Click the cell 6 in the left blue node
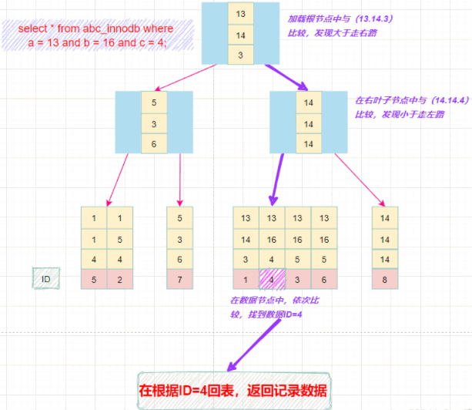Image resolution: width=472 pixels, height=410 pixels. pyautogui.click(x=153, y=143)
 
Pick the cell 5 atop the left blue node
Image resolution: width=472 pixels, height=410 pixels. pyautogui.click(x=153, y=102)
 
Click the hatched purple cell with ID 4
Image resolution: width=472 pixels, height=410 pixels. pyautogui.click(x=272, y=279)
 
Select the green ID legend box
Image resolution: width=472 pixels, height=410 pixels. pyautogui.click(x=45, y=278)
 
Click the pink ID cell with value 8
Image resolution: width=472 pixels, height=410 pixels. pyautogui.click(x=384, y=279)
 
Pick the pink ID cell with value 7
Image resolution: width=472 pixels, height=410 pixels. pyautogui.click(x=179, y=279)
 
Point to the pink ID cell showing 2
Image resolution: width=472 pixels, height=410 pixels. pyautogui.click(x=119, y=279)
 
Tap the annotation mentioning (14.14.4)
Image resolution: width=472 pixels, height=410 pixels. pyautogui.click(x=400, y=107)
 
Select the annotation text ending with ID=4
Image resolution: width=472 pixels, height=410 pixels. pyautogui.click(x=266, y=309)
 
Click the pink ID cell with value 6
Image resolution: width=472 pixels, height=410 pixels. pyautogui.click(x=324, y=279)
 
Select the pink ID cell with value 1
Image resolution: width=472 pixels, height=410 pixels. pyautogui.click(x=246, y=279)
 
